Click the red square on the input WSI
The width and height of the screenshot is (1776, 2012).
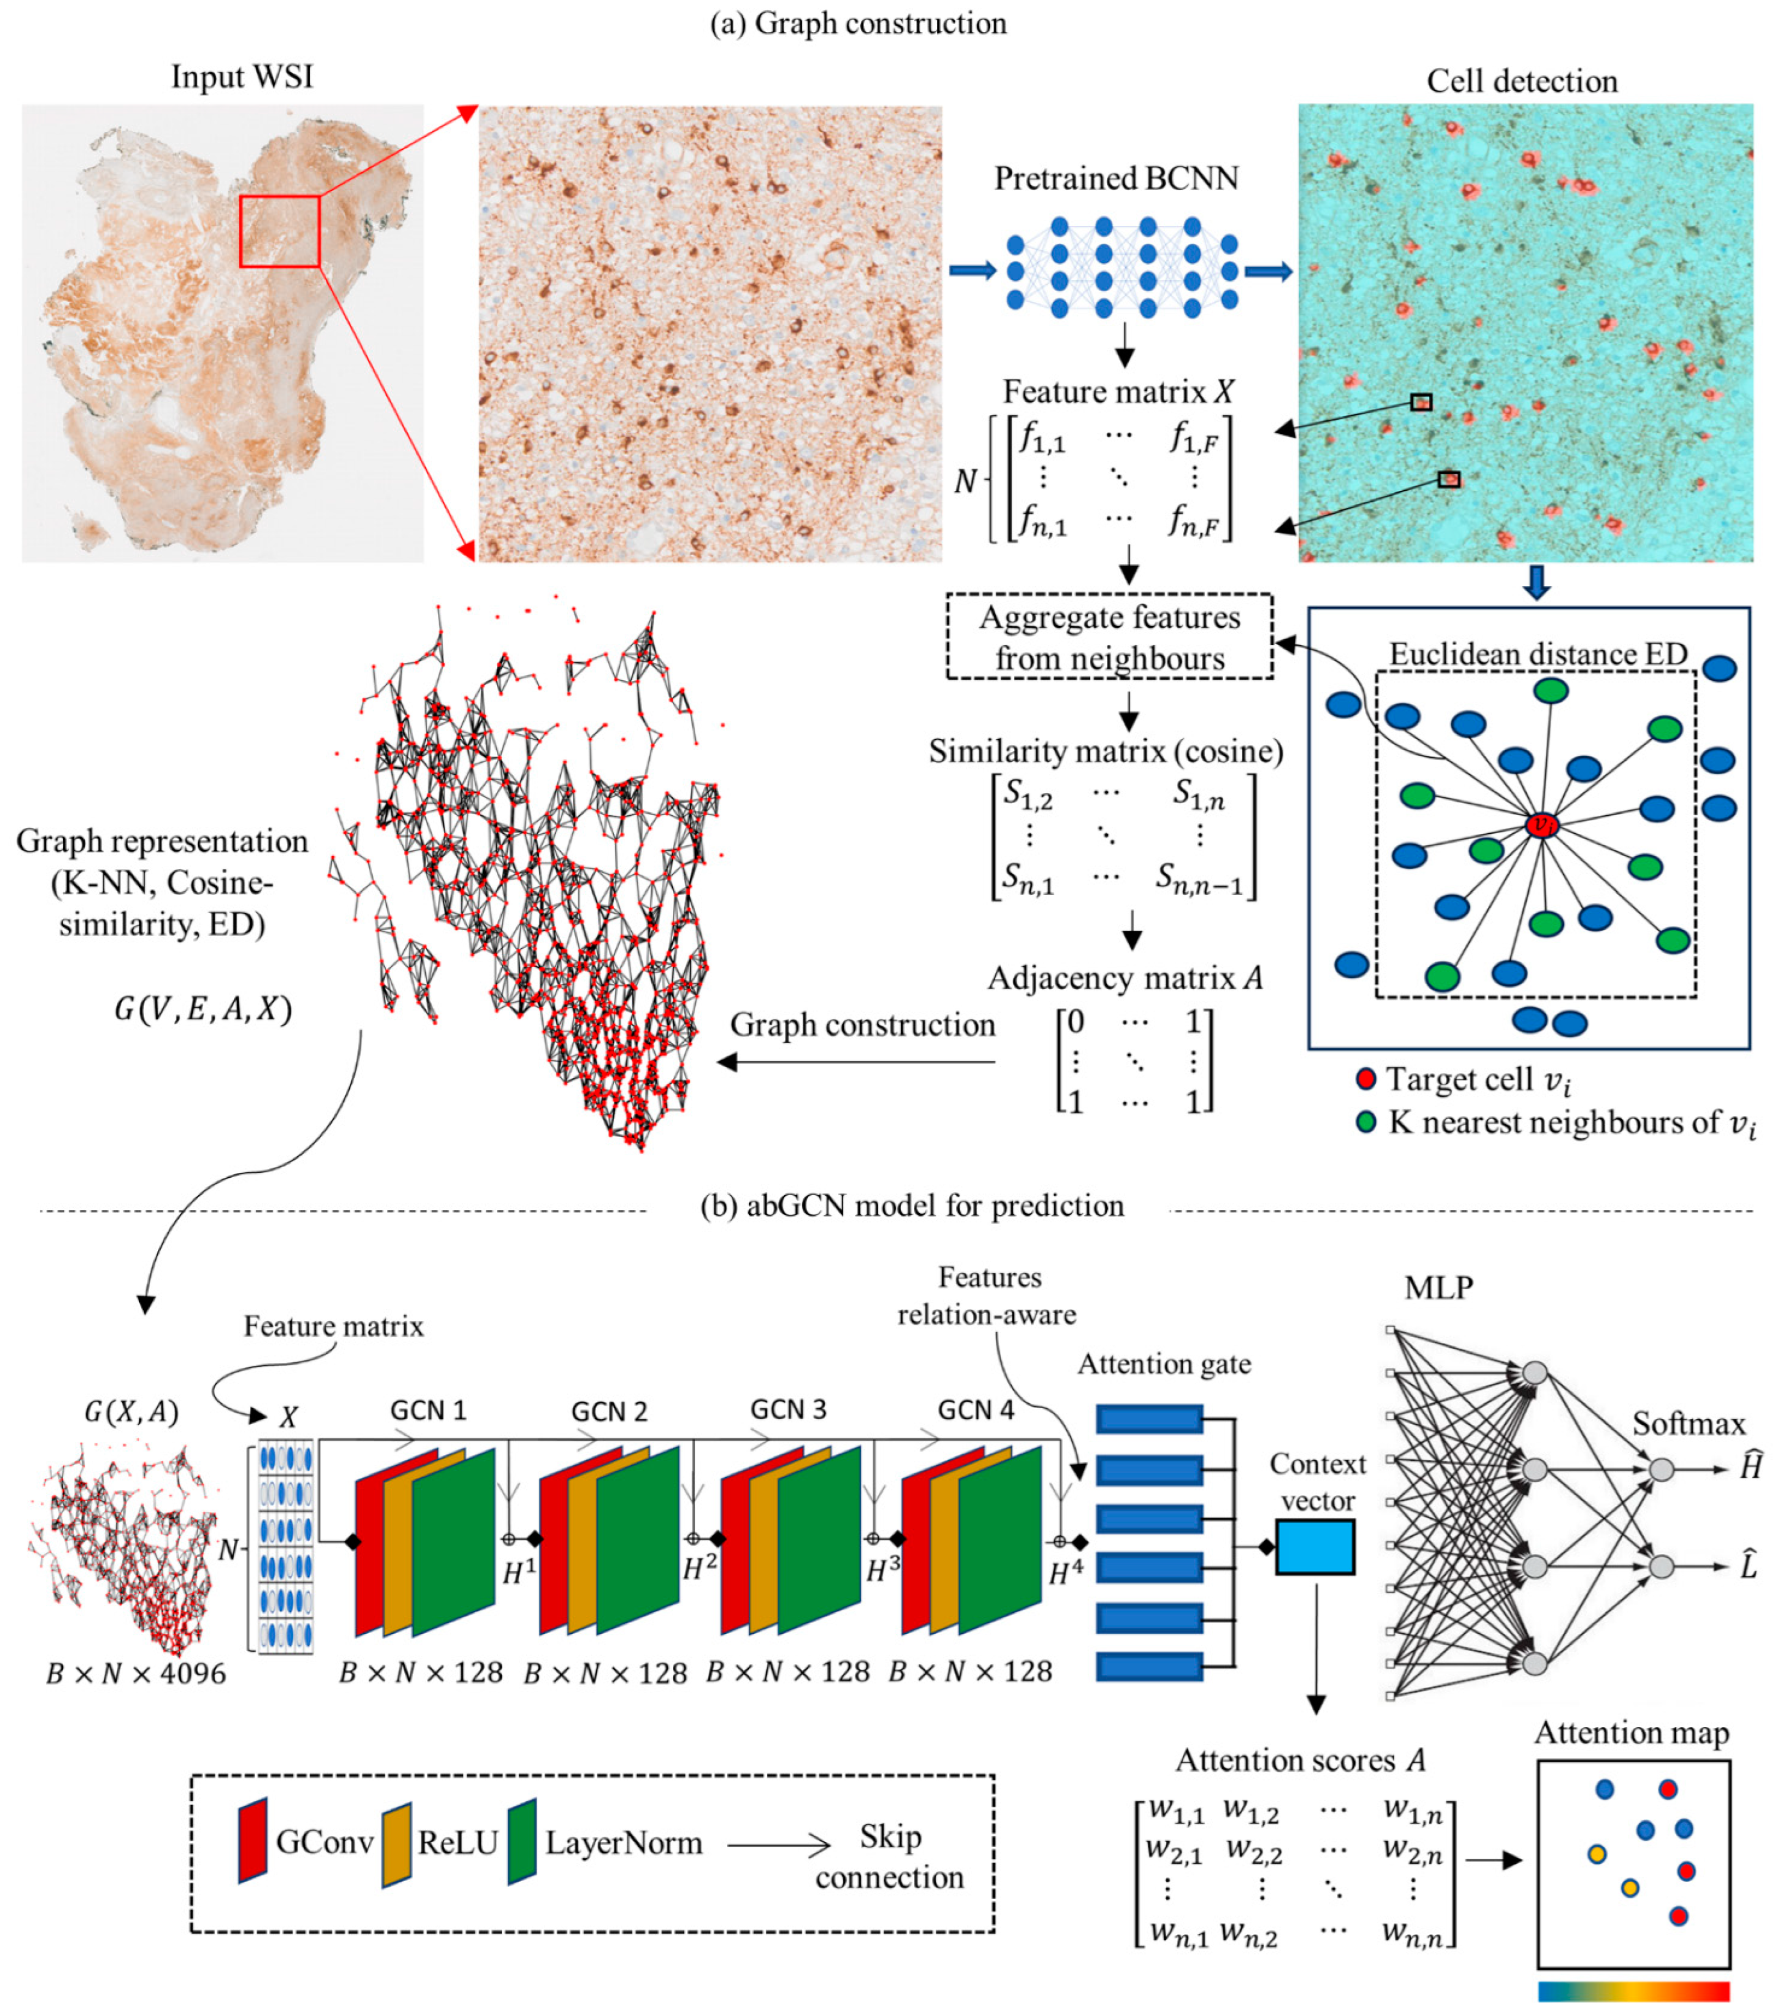280,231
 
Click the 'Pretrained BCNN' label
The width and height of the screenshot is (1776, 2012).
1116,178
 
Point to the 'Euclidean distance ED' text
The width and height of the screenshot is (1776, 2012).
1538,654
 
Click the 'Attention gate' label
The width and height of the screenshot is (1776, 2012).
1164,1364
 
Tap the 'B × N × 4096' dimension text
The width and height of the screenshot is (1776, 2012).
136,1673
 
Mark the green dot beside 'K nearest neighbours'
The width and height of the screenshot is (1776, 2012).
1365,1122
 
